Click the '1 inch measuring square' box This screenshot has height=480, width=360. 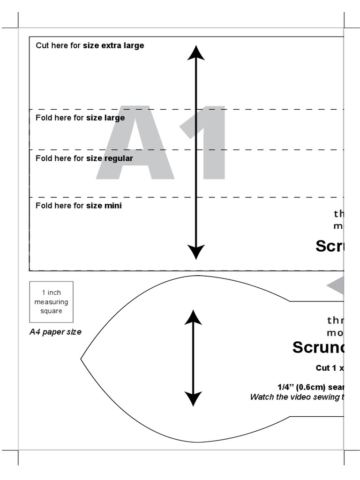pos(51,301)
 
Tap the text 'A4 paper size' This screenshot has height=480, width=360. pos(55,332)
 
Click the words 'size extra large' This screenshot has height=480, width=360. pos(113,45)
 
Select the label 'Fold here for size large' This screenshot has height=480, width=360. pos(80,118)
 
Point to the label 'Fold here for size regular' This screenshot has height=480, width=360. pos(84,158)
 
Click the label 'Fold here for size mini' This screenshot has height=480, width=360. pos(79,205)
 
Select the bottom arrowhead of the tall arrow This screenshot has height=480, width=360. pos(196,252)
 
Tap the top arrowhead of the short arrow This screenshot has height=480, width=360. pos(193,317)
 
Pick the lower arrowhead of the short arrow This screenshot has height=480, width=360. pos(193,399)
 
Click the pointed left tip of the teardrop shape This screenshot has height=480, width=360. pos(82,359)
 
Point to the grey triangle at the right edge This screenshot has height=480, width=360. pos(337,286)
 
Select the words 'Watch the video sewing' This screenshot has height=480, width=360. pos(295,397)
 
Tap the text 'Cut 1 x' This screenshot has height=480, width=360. pos(330,368)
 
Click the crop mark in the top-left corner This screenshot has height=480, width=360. pos(18,28)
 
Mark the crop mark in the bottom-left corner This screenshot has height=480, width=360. pos(18,450)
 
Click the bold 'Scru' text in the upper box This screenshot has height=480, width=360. pos(330,246)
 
